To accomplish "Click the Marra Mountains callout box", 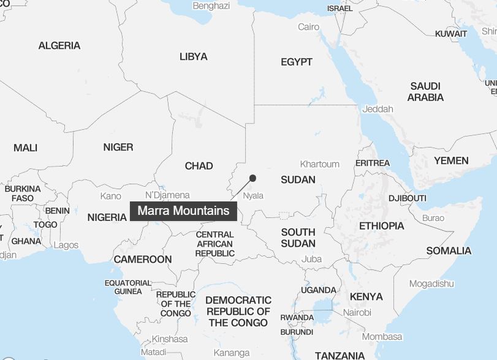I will pyautogui.click(x=183, y=211).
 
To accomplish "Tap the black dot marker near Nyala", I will pyautogui.click(x=252, y=178).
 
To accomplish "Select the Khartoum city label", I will pyautogui.click(x=319, y=164).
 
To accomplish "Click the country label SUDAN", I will pyautogui.click(x=298, y=180).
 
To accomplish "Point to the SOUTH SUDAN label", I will pyautogui.click(x=298, y=238).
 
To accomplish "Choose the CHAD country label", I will pyautogui.click(x=199, y=166).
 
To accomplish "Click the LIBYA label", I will pyautogui.click(x=193, y=57).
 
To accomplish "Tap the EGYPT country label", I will pyautogui.click(x=297, y=62).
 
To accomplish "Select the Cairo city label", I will pyautogui.click(x=308, y=27).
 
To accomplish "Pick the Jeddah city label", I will pyautogui.click(x=377, y=109).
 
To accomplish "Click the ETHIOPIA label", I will pyautogui.click(x=381, y=226).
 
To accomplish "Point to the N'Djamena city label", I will pyautogui.click(x=167, y=195).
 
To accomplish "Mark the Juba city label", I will pyautogui.click(x=311, y=259).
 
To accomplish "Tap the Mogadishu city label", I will pyautogui.click(x=431, y=283).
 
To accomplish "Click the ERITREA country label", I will pyautogui.click(x=372, y=163).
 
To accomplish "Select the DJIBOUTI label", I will pyautogui.click(x=407, y=198).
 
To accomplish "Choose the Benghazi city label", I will pyautogui.click(x=211, y=6).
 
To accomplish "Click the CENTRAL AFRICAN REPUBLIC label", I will pyautogui.click(x=215, y=244).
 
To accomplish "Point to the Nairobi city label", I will pyautogui.click(x=357, y=312).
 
